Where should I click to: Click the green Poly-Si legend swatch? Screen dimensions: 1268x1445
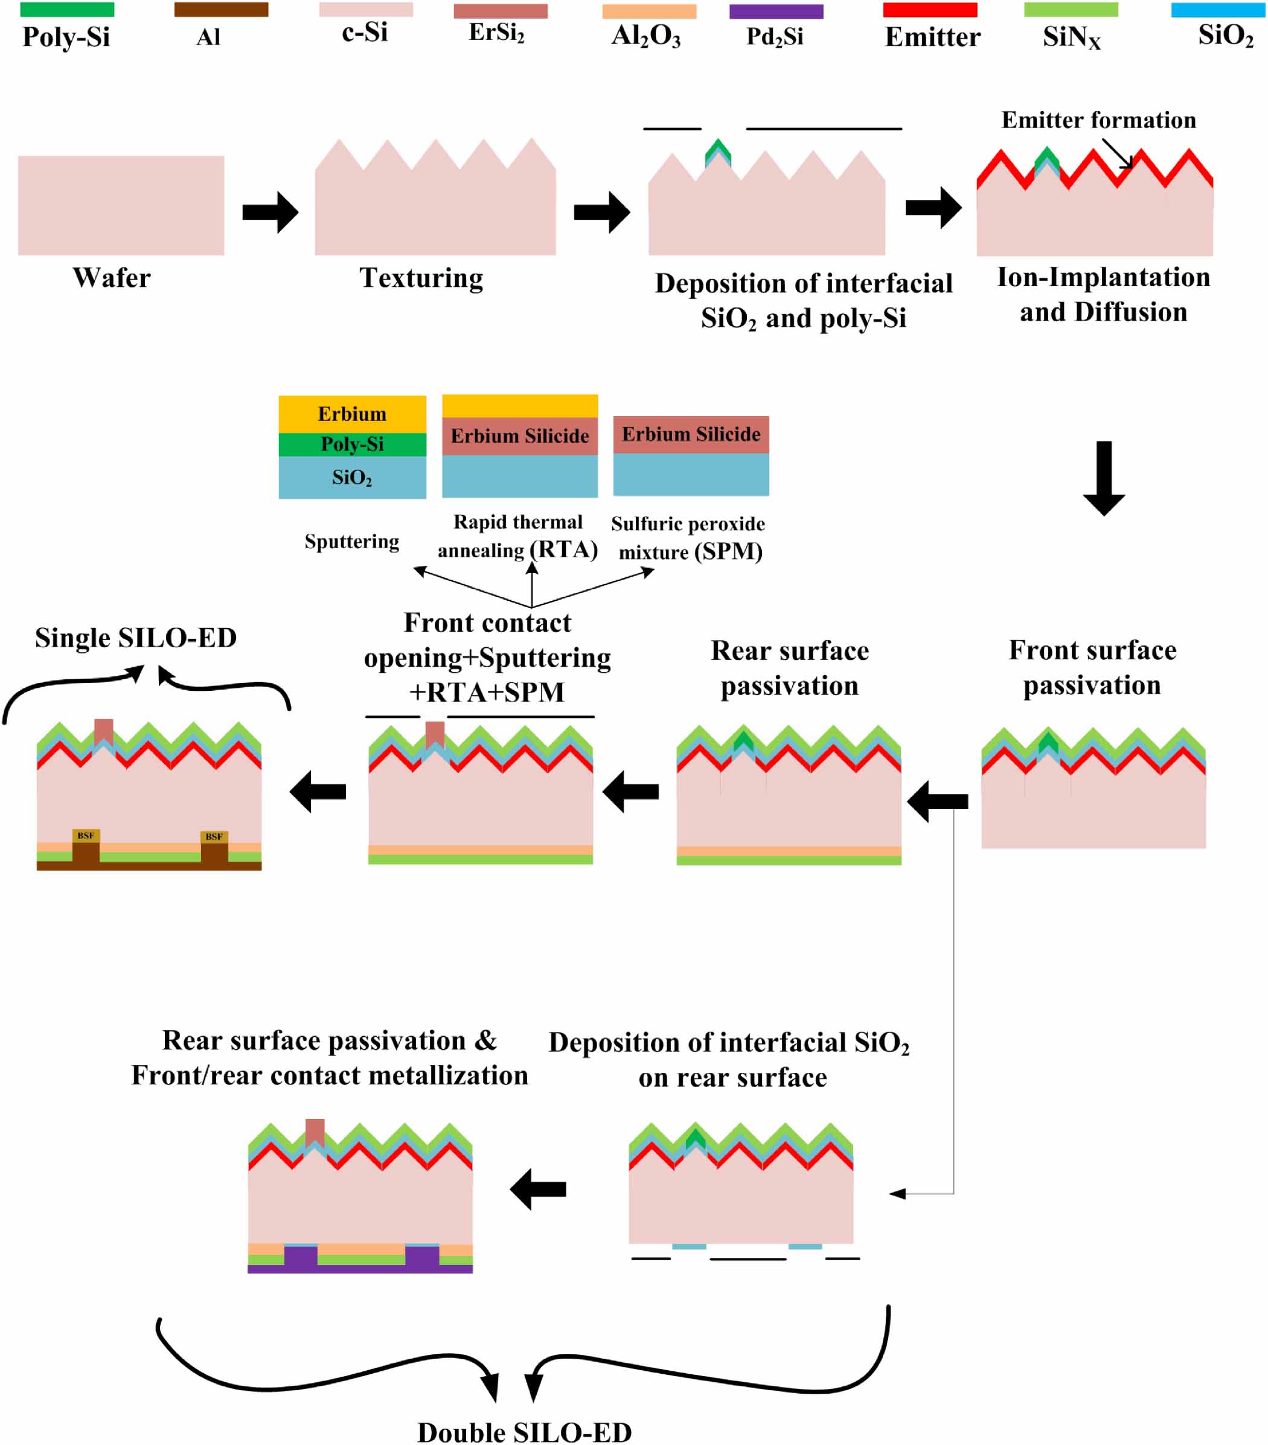[x=67, y=10]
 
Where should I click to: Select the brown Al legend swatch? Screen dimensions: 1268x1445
[x=221, y=10]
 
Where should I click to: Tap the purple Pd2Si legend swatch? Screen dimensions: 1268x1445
[x=776, y=12]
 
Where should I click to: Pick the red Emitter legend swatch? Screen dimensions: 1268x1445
[x=930, y=10]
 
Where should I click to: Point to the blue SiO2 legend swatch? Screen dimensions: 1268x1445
[x=1218, y=10]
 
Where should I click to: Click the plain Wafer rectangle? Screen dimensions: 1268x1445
[x=121, y=205]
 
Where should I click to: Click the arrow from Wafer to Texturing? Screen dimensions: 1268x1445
[x=270, y=212]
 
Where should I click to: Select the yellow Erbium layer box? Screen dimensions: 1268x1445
[x=352, y=414]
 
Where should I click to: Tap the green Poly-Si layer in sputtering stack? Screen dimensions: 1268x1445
[x=352, y=444]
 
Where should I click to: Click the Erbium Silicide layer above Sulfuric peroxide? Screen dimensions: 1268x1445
[x=691, y=435]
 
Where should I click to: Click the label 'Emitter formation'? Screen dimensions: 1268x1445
[x=1098, y=120]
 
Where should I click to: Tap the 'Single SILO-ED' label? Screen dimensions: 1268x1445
[x=136, y=638]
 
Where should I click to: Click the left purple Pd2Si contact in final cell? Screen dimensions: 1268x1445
[x=300, y=1259]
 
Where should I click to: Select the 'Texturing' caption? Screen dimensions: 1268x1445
[x=421, y=278]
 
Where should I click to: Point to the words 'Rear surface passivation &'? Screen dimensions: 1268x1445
[x=329, y=1040]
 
